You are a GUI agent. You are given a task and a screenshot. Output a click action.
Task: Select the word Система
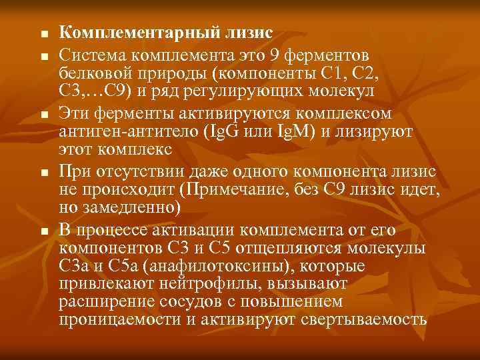pyautogui.click(x=89, y=52)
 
